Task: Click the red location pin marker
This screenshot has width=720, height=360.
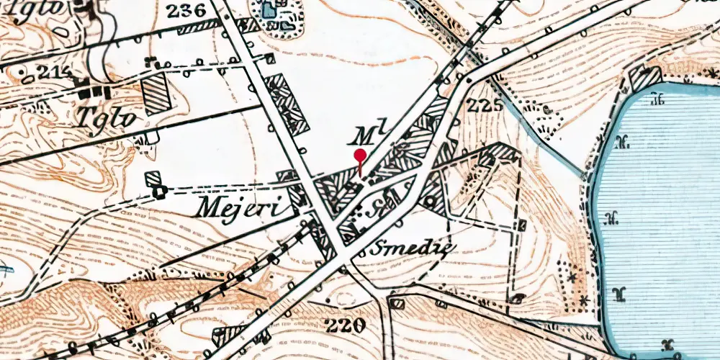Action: coord(360,158)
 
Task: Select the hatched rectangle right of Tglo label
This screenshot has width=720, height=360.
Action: coord(156,94)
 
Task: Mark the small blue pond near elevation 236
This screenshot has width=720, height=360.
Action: coord(269,10)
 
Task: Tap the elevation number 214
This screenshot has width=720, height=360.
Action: coord(44,72)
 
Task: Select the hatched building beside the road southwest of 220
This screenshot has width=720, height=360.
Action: coord(233,333)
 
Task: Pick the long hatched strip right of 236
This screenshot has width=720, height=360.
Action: coord(197,27)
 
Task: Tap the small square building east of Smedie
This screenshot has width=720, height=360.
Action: coord(521,226)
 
